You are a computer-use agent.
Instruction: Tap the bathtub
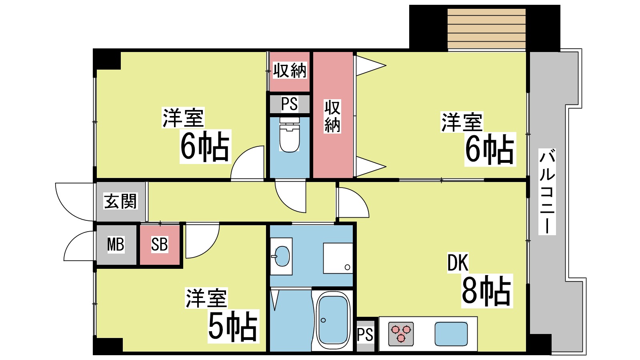(x=333, y=320)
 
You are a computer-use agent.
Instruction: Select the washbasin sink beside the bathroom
(x=281, y=256)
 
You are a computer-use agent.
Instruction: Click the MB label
(x=116, y=244)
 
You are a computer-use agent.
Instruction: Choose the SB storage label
(x=159, y=244)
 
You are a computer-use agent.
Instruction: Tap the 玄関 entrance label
(x=120, y=201)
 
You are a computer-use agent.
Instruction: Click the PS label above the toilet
(x=289, y=104)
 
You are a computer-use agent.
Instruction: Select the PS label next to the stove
(x=365, y=335)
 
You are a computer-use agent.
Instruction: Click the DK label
(x=458, y=263)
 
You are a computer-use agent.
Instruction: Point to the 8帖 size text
(x=486, y=291)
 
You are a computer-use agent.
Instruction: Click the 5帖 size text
(x=233, y=326)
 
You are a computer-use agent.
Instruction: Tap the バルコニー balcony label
(x=547, y=191)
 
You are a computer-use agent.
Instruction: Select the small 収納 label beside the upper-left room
(x=290, y=71)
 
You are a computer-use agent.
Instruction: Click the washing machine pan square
(x=338, y=258)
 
